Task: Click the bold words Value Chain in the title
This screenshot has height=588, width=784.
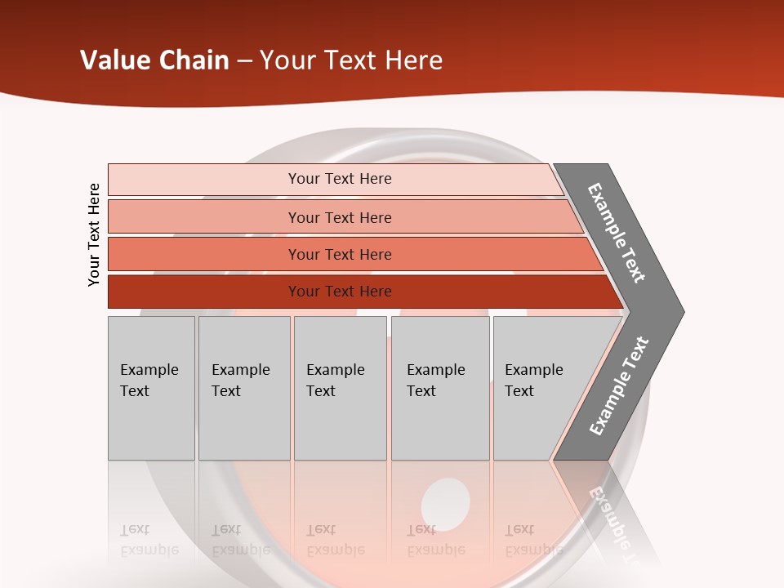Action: pyautogui.click(x=154, y=60)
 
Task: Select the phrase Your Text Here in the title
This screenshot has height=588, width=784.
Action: pyautogui.click(x=351, y=60)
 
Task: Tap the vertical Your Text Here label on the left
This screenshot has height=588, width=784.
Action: pyautogui.click(x=94, y=234)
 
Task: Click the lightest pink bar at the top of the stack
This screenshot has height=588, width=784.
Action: pyautogui.click(x=339, y=179)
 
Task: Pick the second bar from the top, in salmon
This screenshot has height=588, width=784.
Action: pyautogui.click(x=339, y=217)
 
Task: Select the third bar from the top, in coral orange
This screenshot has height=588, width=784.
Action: pyautogui.click(x=339, y=254)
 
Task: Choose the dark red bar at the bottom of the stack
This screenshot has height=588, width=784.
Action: pyautogui.click(x=339, y=292)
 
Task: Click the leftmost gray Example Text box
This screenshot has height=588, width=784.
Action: pyautogui.click(x=151, y=388)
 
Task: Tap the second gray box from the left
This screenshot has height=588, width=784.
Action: pyautogui.click(x=244, y=388)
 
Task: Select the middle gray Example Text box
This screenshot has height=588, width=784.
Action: pyautogui.click(x=340, y=388)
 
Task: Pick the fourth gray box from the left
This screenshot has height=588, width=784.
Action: pyautogui.click(x=440, y=388)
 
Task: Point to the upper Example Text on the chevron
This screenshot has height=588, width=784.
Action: pyautogui.click(x=617, y=233)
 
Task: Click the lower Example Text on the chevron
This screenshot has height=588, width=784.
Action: pyautogui.click(x=618, y=386)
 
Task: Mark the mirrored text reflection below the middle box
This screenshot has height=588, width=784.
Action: pyautogui.click(x=335, y=540)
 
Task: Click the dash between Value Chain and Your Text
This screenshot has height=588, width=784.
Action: pyautogui.click(x=244, y=61)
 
